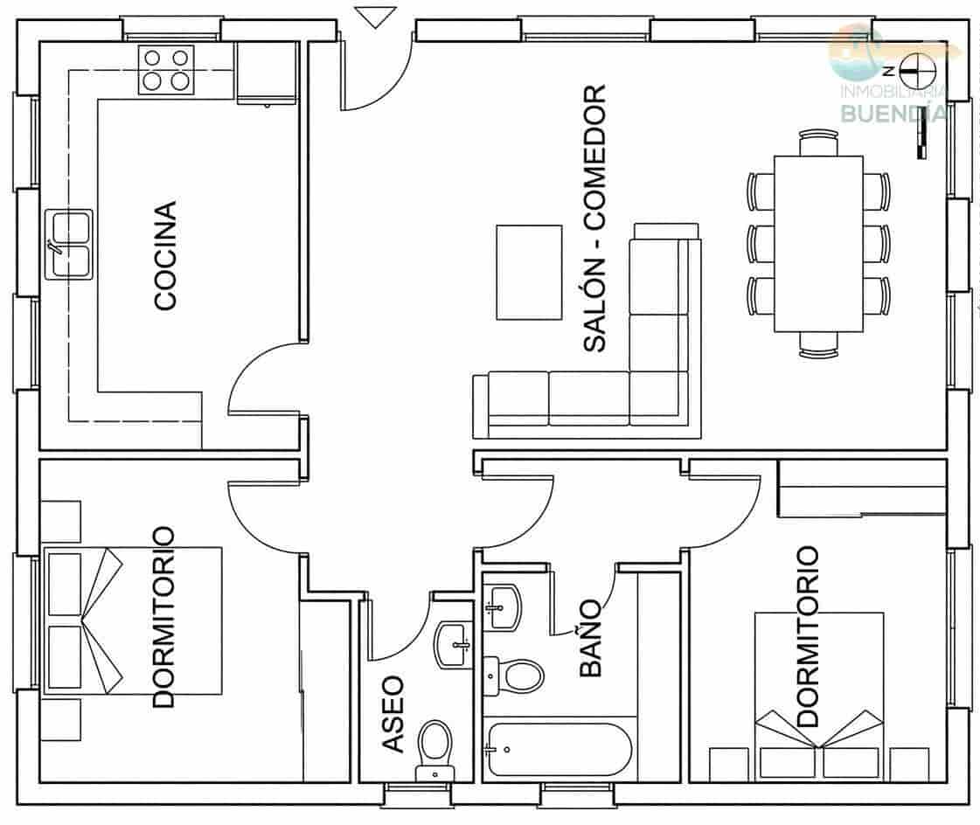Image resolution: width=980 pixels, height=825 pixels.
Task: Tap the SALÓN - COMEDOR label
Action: pyautogui.click(x=594, y=218)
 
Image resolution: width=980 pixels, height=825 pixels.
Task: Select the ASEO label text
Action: pyautogui.click(x=393, y=713)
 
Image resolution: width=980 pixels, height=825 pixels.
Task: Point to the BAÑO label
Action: pyautogui.click(x=592, y=638)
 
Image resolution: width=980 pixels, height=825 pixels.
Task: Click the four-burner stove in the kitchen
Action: pyautogui.click(x=166, y=70)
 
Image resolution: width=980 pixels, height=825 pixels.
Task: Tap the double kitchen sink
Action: pyautogui.click(x=70, y=245)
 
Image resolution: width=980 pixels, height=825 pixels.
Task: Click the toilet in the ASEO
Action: pyautogui.click(x=434, y=748)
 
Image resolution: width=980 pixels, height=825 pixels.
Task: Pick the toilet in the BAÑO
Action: pyautogui.click(x=516, y=676)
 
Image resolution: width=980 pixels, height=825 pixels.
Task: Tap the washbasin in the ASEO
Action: pyautogui.click(x=453, y=645)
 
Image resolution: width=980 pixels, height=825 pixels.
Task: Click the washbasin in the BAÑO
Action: pyautogui.click(x=503, y=606)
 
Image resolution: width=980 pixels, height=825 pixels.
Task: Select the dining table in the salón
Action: pyautogui.click(x=818, y=244)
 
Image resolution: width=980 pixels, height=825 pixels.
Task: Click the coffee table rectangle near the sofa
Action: pyautogui.click(x=529, y=272)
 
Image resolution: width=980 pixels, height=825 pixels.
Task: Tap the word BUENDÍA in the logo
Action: pyautogui.click(x=891, y=112)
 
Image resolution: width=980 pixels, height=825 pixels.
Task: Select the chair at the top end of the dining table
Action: pyautogui.click(x=818, y=140)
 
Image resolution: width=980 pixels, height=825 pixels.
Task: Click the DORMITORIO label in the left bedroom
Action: pyautogui.click(x=163, y=617)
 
